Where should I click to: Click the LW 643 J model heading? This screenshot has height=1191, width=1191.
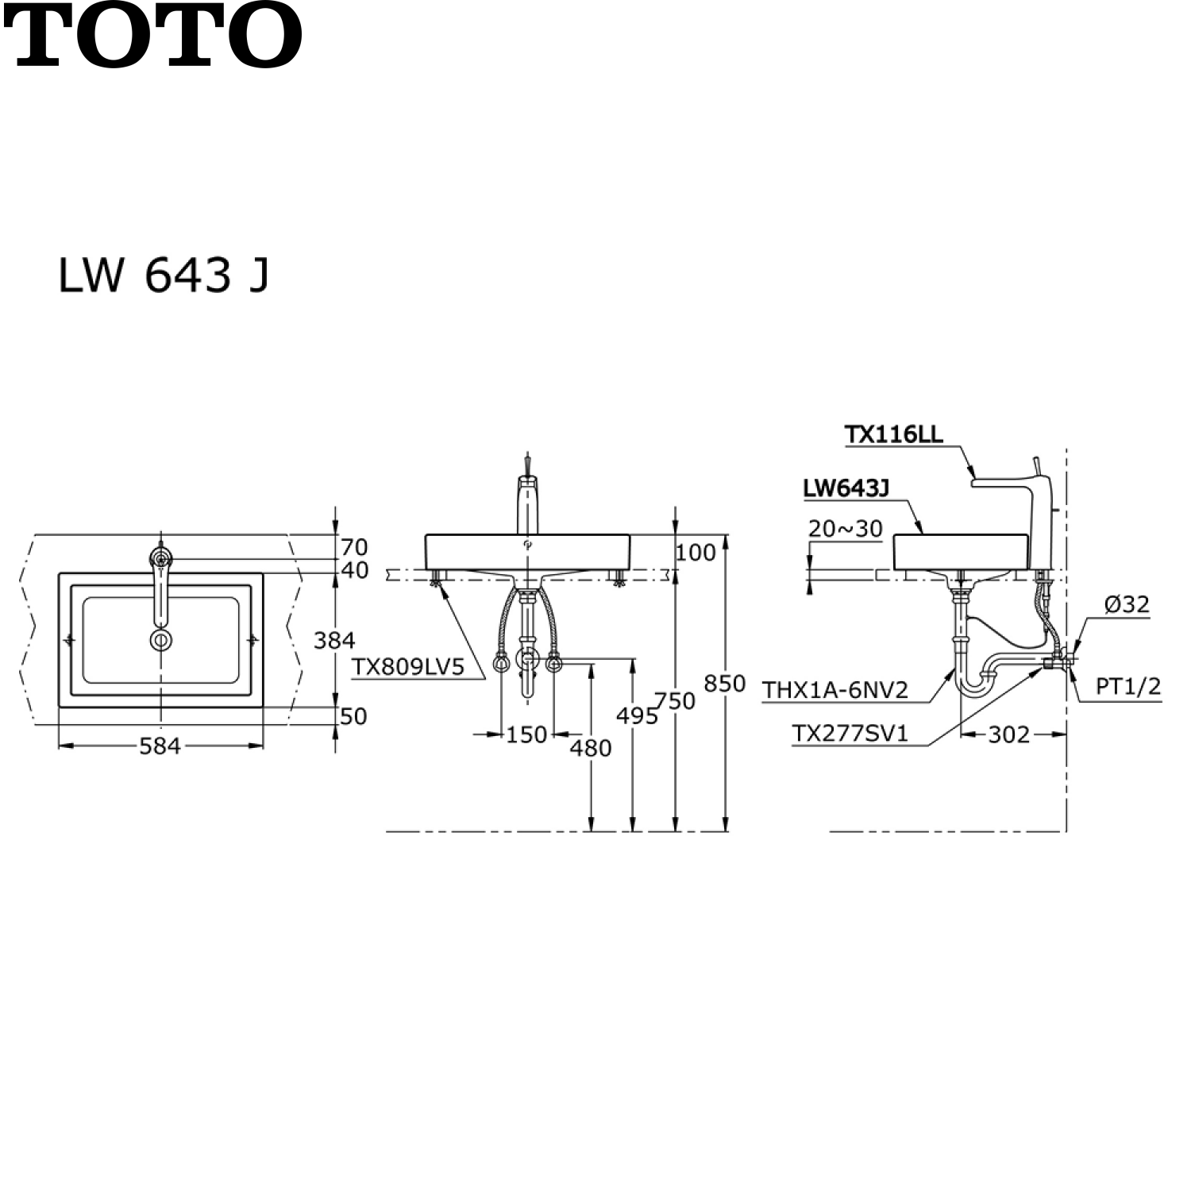[x=164, y=276]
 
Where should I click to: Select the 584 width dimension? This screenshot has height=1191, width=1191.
[x=160, y=746]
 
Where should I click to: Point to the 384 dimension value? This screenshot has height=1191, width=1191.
[x=334, y=640]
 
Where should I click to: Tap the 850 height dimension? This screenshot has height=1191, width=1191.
[x=724, y=683]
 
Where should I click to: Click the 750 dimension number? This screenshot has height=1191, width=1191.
[x=675, y=700]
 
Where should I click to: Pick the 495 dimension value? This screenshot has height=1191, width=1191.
[x=638, y=716]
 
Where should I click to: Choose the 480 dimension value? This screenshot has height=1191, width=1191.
[x=591, y=748]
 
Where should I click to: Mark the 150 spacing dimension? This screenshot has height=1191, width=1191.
[x=526, y=735]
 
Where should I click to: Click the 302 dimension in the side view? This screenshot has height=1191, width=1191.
[x=1009, y=735]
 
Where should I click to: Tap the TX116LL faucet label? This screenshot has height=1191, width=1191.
[x=893, y=434]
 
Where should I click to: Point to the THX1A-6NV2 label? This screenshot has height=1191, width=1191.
[x=835, y=690]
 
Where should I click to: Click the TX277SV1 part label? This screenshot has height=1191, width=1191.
[x=850, y=734]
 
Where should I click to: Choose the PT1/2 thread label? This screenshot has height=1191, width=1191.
[x=1128, y=687]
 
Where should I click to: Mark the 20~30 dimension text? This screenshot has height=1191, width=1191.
[x=846, y=529]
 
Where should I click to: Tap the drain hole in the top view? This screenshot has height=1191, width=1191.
[x=161, y=640]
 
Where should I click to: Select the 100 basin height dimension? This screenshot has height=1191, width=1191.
[x=696, y=553]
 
